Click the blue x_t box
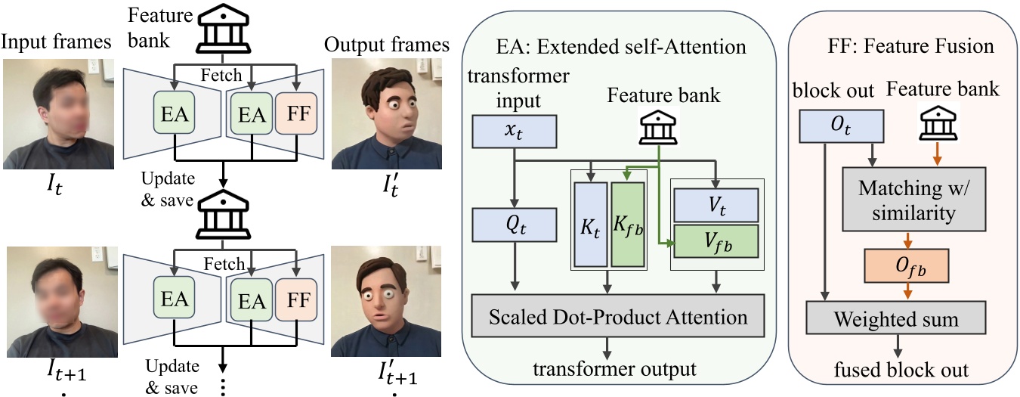click(x=514, y=132)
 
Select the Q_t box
click(x=514, y=224)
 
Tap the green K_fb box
click(x=628, y=225)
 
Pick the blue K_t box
click(x=590, y=225)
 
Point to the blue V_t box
click(x=715, y=205)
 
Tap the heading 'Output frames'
click(x=386, y=45)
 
